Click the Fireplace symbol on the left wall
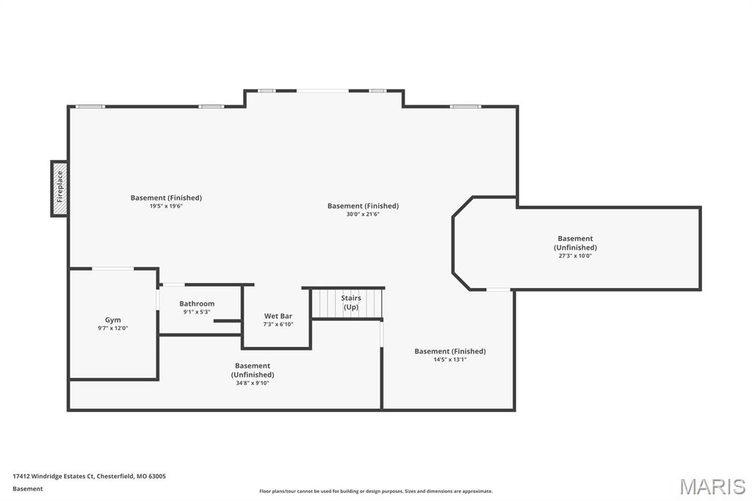pos(59,189)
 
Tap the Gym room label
pos(113,320)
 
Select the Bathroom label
pos(197,303)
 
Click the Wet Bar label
pos(278,316)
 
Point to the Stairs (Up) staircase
pos(347,303)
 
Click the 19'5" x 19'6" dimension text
pos(166,206)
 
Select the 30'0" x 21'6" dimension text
pos(363,214)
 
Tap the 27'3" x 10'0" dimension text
pos(575,256)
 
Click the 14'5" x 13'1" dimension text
pos(449,359)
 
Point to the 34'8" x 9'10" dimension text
pos(252,383)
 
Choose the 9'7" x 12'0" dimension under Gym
pos(113,328)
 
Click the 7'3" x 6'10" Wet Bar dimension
pos(278,324)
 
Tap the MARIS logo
pos(712,486)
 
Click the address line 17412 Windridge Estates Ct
pos(89,476)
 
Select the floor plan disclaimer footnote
pos(375,491)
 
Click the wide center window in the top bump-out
pos(322,90)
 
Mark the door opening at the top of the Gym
pos(112,268)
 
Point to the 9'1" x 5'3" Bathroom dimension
pos(197,311)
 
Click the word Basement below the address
pos(28,489)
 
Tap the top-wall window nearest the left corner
pos(90,107)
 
